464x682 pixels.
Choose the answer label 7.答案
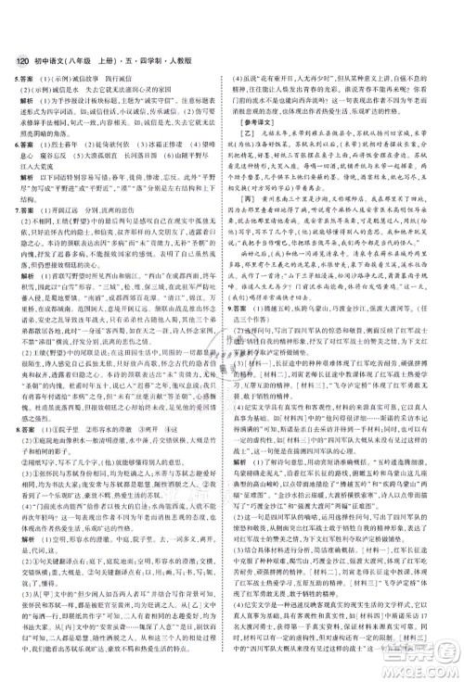[x=17, y=208]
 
